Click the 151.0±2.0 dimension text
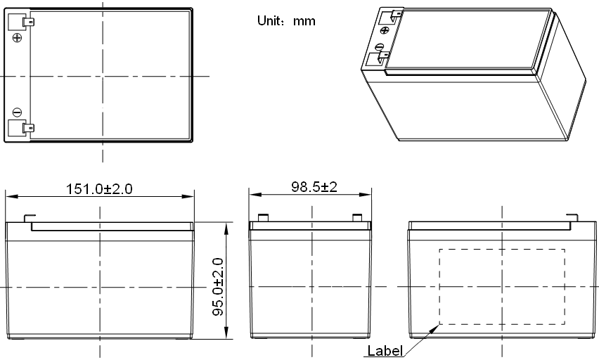(99, 189)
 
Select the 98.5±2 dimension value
(314, 187)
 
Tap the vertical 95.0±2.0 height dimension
(218, 287)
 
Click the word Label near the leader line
(385, 350)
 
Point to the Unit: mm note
(286, 20)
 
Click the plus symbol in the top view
(17, 37)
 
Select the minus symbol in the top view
(17, 112)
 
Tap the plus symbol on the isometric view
(385, 30)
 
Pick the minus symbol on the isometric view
(380, 47)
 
